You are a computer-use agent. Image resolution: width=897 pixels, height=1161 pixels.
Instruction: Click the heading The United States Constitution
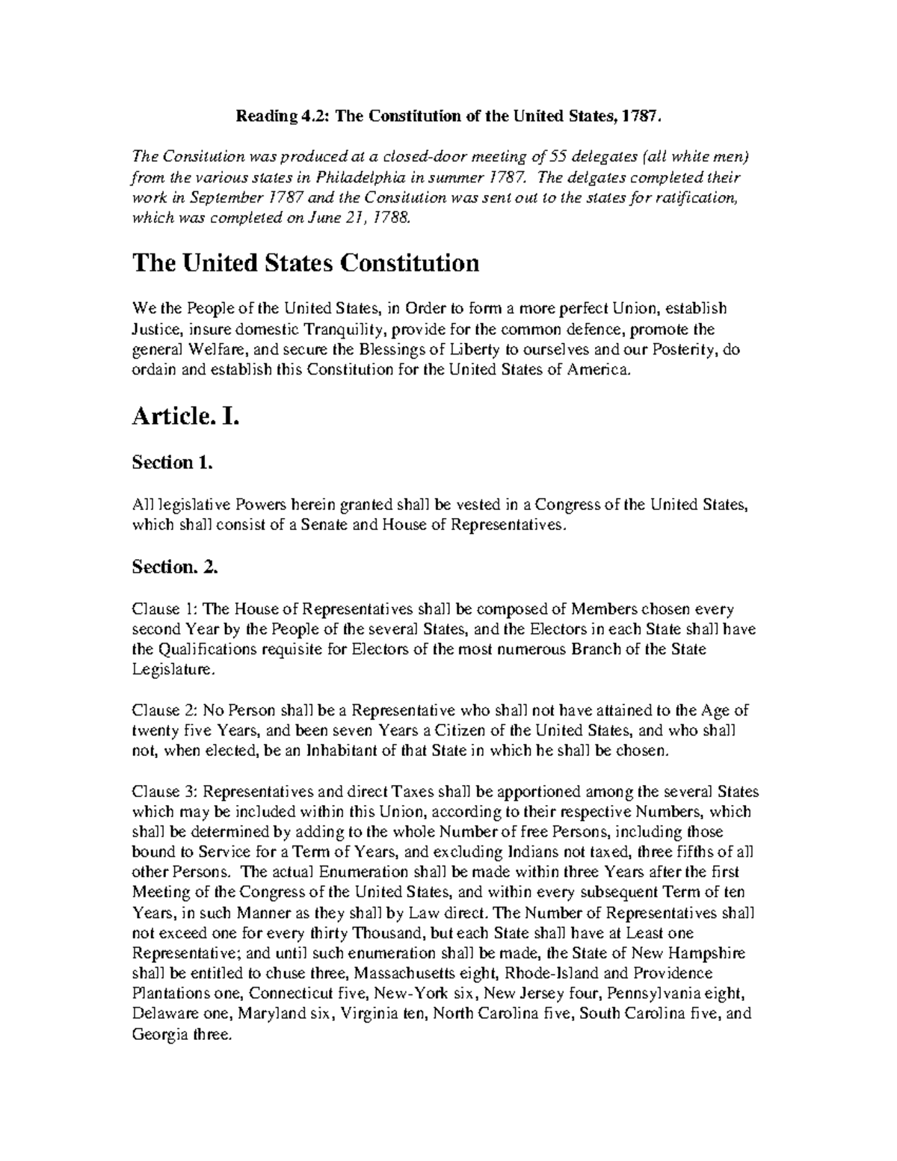(305, 263)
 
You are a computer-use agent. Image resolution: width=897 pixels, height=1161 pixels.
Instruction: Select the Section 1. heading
(173, 463)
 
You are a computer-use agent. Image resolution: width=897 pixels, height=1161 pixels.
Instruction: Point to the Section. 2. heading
(175, 567)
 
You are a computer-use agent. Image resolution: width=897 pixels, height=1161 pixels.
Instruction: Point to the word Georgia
(159, 1035)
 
